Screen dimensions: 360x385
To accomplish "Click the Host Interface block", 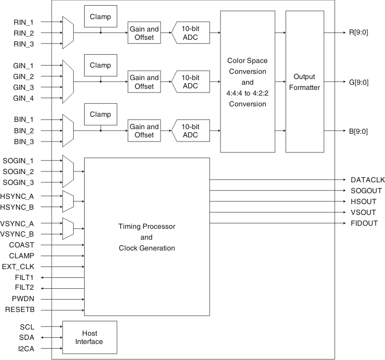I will (90, 337).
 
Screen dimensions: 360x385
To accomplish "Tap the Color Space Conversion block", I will (247, 82).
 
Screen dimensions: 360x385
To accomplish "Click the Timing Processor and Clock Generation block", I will (147, 237).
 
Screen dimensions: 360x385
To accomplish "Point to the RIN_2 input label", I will (24, 33).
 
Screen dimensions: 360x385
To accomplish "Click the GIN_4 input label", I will (24, 98).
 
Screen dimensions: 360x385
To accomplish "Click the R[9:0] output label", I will (359, 33).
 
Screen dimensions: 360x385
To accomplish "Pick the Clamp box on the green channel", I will (101, 66).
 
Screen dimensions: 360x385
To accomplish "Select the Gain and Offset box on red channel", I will (144, 33).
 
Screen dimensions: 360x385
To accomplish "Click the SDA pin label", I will (27, 337).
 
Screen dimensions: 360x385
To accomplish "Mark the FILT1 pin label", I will (24, 277).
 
